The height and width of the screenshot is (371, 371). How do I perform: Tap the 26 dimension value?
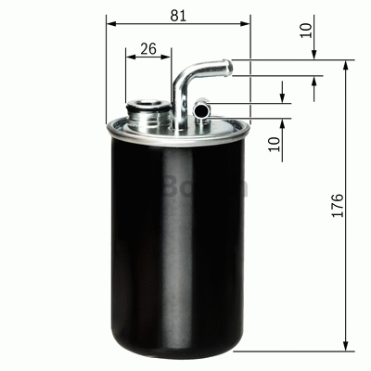coord(147,50)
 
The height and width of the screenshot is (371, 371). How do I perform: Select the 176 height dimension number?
coord(337,206)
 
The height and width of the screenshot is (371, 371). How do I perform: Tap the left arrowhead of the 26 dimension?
coord(129,58)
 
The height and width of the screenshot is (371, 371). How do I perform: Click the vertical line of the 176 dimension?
coord(348,260)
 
